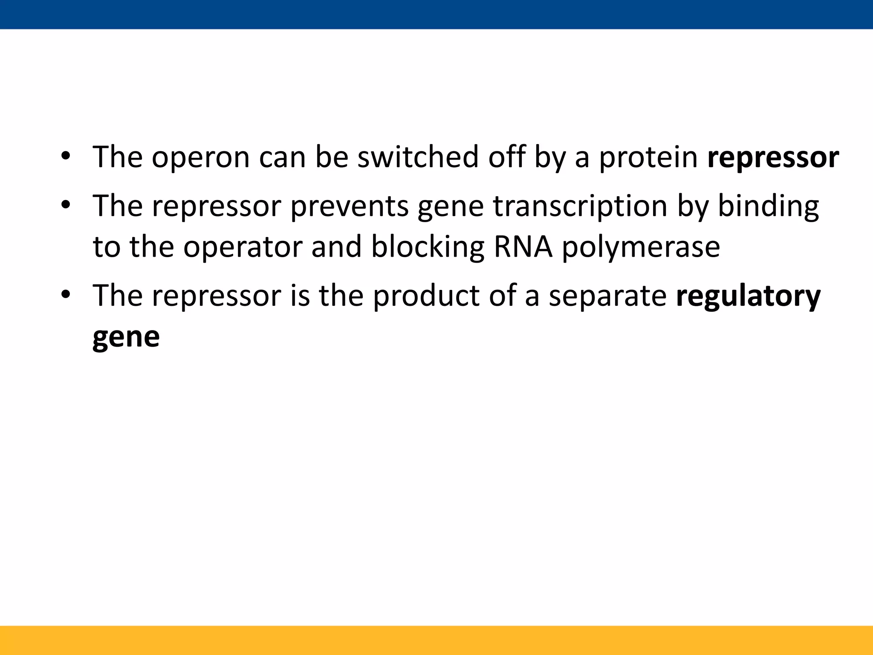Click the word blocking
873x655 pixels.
[x=428, y=247]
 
